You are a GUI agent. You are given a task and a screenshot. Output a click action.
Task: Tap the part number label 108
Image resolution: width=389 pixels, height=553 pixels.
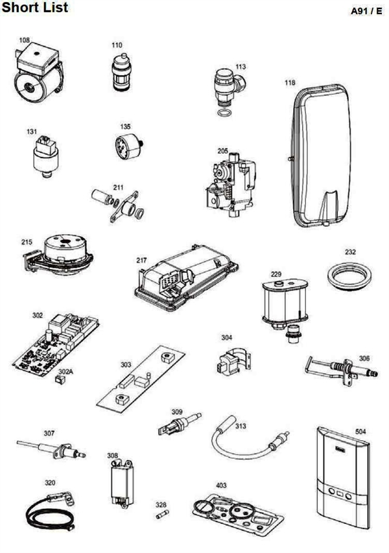[24, 40]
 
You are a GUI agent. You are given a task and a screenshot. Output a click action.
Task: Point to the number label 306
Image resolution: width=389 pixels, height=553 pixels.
[364, 358]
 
